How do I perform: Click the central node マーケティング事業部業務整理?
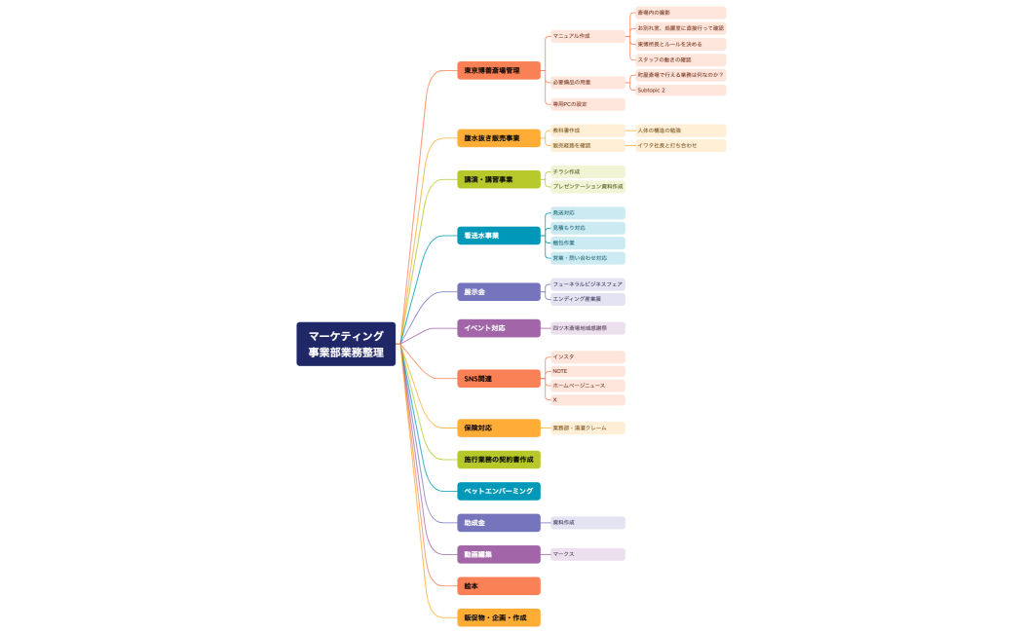coord(346,344)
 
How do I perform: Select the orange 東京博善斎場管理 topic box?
coord(498,70)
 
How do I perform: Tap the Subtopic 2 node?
coord(679,90)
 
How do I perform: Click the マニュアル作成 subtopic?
coord(587,36)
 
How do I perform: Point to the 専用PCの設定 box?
coord(587,104)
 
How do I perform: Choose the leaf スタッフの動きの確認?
coord(679,59)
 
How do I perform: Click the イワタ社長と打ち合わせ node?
coord(679,145)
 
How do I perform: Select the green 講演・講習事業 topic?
coord(498,179)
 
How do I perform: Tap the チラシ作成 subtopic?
coord(587,171)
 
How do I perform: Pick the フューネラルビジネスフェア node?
coord(587,283)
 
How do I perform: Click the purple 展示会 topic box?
coord(498,291)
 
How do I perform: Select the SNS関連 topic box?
coord(498,378)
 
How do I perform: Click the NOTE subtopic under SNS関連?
coord(587,371)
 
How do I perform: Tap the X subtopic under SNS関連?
coord(587,399)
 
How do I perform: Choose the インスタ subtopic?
coord(587,356)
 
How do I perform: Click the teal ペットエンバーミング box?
coord(498,491)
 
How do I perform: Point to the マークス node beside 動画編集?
coord(587,554)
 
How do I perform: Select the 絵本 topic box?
coord(498,585)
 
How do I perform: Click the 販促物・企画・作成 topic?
coord(498,617)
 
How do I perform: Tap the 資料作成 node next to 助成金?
coord(587,523)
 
